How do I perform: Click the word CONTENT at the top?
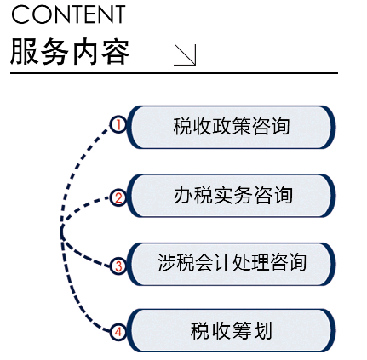(x=68, y=14)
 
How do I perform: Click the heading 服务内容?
(x=70, y=52)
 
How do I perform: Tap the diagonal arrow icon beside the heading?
(x=185, y=54)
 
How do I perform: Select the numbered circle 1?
(x=118, y=124)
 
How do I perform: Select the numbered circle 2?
(x=118, y=197)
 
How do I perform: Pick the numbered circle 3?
(x=118, y=266)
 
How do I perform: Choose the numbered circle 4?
(x=118, y=332)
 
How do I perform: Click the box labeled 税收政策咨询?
(x=232, y=127)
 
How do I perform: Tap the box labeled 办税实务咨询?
(x=232, y=196)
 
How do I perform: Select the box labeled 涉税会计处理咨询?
(x=232, y=264)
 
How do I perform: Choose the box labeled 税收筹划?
(x=232, y=330)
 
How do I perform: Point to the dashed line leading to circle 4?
(x=74, y=295)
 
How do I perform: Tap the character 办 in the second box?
(x=183, y=196)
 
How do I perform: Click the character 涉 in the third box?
(x=167, y=262)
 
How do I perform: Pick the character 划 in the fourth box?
(x=262, y=330)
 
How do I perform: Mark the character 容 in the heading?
(x=116, y=53)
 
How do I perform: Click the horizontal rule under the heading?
(x=174, y=73)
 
